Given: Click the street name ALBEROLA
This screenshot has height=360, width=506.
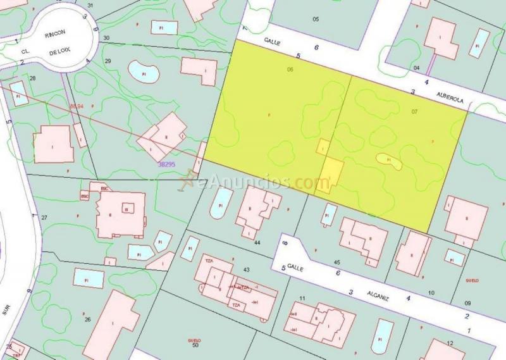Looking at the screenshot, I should click(x=450, y=101).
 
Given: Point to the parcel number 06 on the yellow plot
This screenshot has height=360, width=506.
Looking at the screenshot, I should click(x=290, y=69).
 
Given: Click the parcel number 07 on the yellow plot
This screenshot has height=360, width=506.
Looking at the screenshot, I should click(x=414, y=111).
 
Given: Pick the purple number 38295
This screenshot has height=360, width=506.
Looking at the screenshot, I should click(x=166, y=164).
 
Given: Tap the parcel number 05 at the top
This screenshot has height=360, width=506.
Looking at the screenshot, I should click(x=316, y=19).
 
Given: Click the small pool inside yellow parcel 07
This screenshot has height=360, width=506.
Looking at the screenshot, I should click(x=389, y=161).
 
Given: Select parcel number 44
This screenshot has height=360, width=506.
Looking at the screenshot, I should click(x=257, y=242).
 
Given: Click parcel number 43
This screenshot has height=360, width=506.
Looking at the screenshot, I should click(x=246, y=270).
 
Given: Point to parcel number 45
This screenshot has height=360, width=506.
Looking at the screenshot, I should click(x=337, y=263).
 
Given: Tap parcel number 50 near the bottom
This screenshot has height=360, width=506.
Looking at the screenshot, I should click(x=195, y=345).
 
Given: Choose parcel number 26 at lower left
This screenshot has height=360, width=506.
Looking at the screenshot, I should click(x=87, y=320).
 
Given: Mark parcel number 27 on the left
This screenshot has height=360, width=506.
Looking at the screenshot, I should click(x=44, y=218).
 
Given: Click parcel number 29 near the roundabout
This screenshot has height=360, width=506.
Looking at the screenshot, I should click(x=108, y=61).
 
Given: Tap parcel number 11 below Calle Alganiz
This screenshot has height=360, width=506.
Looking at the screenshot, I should click(x=303, y=298).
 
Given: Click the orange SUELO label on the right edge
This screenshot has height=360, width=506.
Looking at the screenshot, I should click(x=472, y=280).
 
